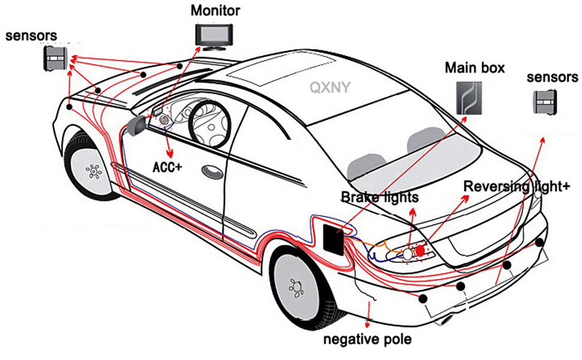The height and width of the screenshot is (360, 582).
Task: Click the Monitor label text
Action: pos(215,10)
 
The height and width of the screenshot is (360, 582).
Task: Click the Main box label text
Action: pos(475,68)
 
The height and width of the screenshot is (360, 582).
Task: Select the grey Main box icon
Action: pos(469,98)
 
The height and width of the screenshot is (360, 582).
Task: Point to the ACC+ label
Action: pos(167,167)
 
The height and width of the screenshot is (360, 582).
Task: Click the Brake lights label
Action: pos(380,197)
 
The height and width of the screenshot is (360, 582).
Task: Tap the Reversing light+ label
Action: pos(517,187)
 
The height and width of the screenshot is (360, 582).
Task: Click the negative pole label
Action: pos(367,339)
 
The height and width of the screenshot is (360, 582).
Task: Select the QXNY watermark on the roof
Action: pos(330,88)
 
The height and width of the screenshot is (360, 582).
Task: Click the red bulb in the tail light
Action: pos(420,251)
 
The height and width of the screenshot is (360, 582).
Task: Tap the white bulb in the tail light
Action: pos(408,254)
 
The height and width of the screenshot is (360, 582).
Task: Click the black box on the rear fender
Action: pos(334,240)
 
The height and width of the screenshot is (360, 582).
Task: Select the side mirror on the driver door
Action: pos(136,125)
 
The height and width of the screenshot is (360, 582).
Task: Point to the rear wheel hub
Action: pos(297,287)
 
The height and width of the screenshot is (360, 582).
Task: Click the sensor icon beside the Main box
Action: pos(545,101)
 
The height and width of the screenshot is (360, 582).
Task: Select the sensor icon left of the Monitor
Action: pos(56,59)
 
